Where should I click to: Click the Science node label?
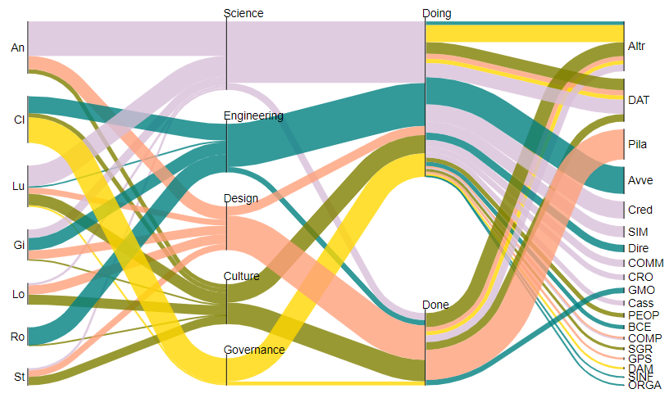point(244,13)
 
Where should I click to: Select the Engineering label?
point(253,116)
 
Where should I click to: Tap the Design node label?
point(241,198)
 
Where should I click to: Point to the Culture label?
point(242,276)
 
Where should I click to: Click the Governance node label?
point(254,350)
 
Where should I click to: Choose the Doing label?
point(436,13)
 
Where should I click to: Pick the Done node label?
point(435,305)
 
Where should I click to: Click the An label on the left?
point(17,47)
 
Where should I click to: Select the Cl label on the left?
point(19,120)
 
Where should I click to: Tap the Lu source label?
point(18,187)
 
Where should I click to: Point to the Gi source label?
point(19,245)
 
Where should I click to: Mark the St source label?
point(19,377)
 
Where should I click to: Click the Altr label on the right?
point(636,46)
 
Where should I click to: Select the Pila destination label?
point(637,145)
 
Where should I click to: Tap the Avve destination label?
point(639,179)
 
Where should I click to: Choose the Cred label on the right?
point(639,210)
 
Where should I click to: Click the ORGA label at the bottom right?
point(644,385)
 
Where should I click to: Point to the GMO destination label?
point(640,291)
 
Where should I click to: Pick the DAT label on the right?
point(638,100)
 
